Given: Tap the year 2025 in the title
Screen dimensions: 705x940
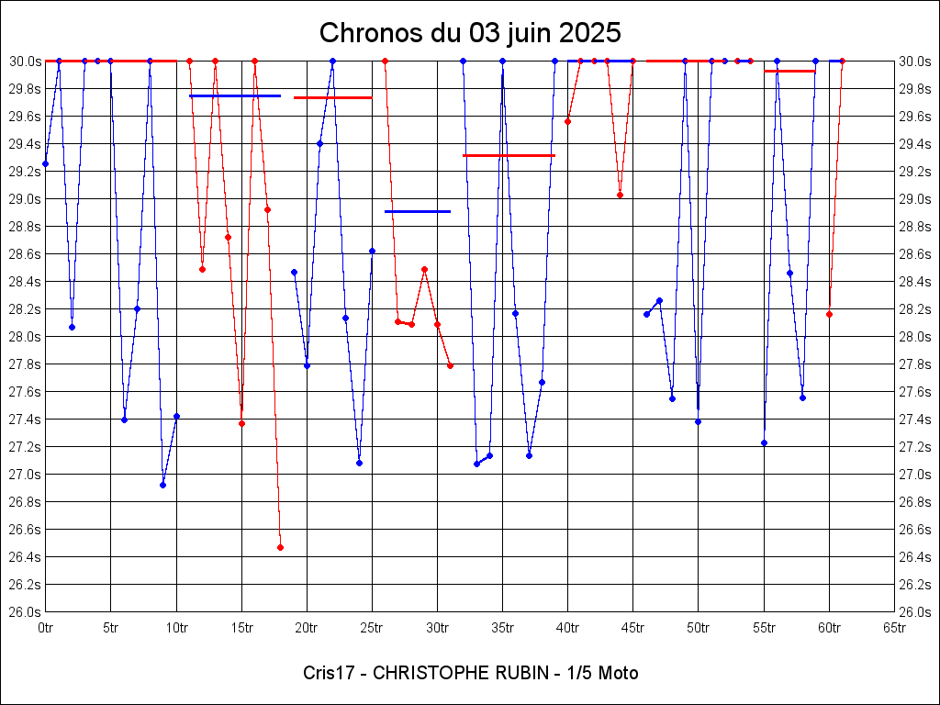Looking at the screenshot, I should (589, 33).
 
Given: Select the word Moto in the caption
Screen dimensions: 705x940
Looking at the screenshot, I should (618, 673).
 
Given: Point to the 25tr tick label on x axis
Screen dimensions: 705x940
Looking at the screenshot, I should (372, 628).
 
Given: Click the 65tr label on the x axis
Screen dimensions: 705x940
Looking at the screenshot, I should (894, 628).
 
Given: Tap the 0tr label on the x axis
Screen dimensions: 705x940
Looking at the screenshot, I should (46, 628).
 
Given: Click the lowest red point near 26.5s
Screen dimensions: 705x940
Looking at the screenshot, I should (280, 547).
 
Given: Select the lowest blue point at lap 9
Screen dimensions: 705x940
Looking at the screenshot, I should (162, 485).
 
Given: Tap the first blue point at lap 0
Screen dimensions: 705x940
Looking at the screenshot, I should (45, 163).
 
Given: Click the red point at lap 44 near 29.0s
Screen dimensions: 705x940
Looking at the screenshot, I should (620, 195).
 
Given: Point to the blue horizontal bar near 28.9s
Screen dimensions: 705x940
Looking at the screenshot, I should (418, 211).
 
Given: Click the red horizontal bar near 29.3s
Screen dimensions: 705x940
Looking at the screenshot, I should (509, 155).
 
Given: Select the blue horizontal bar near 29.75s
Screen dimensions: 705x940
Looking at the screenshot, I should (234, 95).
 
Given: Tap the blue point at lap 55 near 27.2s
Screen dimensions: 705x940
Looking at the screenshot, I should (764, 442).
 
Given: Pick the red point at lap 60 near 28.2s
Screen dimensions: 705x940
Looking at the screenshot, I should (829, 314).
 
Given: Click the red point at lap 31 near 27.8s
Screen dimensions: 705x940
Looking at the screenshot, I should (450, 365).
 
